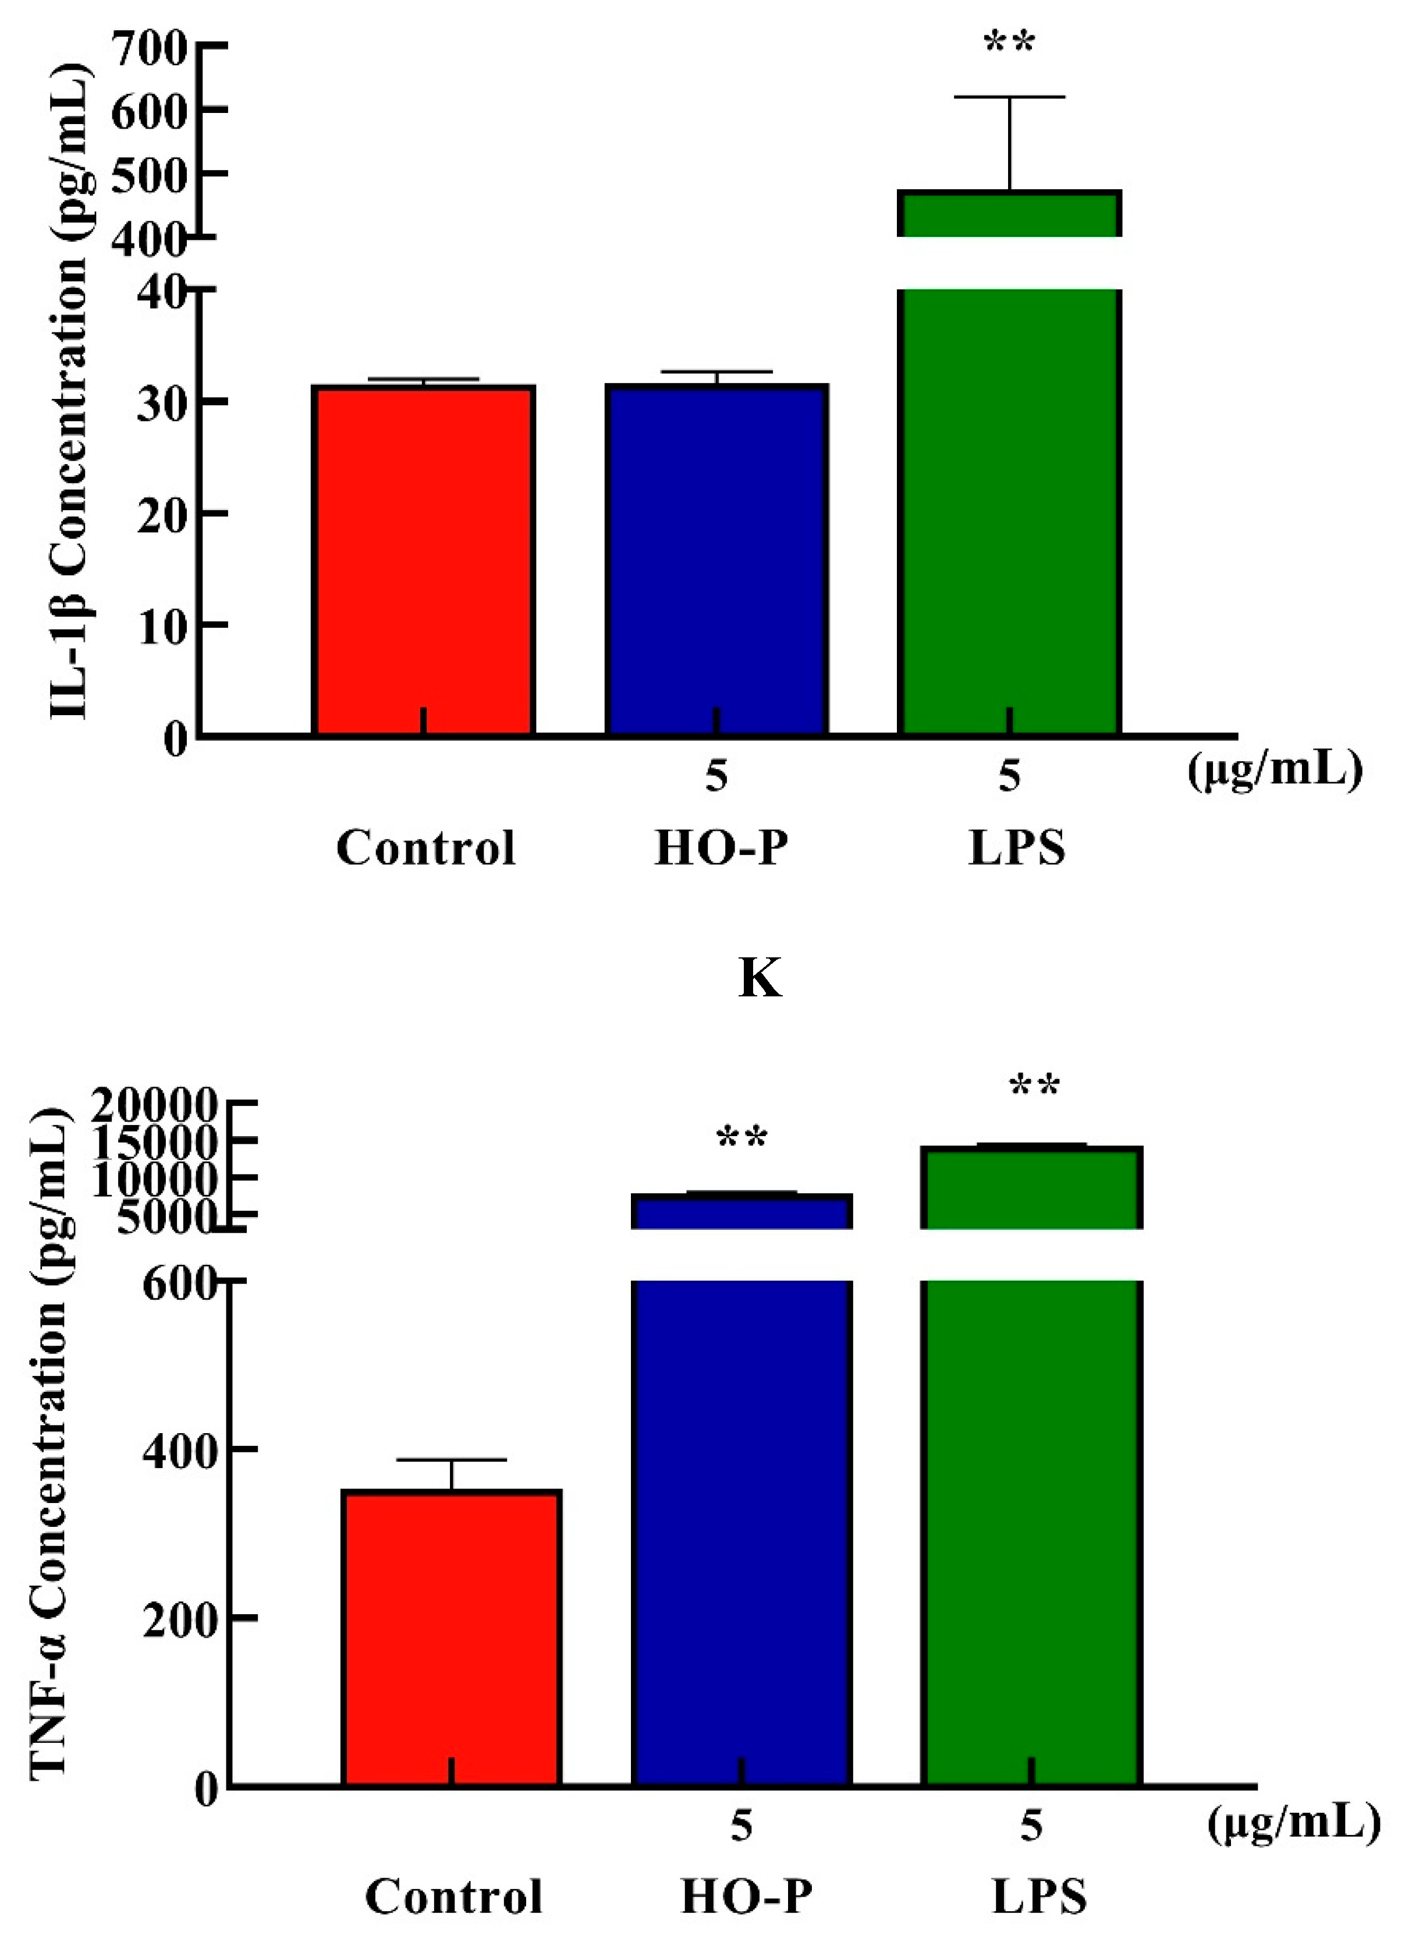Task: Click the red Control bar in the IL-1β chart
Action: (424, 560)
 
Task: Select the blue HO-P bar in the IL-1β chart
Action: (716, 560)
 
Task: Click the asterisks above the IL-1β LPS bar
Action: (1010, 43)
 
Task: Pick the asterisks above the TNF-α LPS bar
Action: (1034, 1087)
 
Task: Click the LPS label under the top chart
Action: (1016, 848)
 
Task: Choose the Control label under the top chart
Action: (425, 848)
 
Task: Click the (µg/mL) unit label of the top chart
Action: (1274, 772)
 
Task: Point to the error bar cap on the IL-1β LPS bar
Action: (1010, 97)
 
